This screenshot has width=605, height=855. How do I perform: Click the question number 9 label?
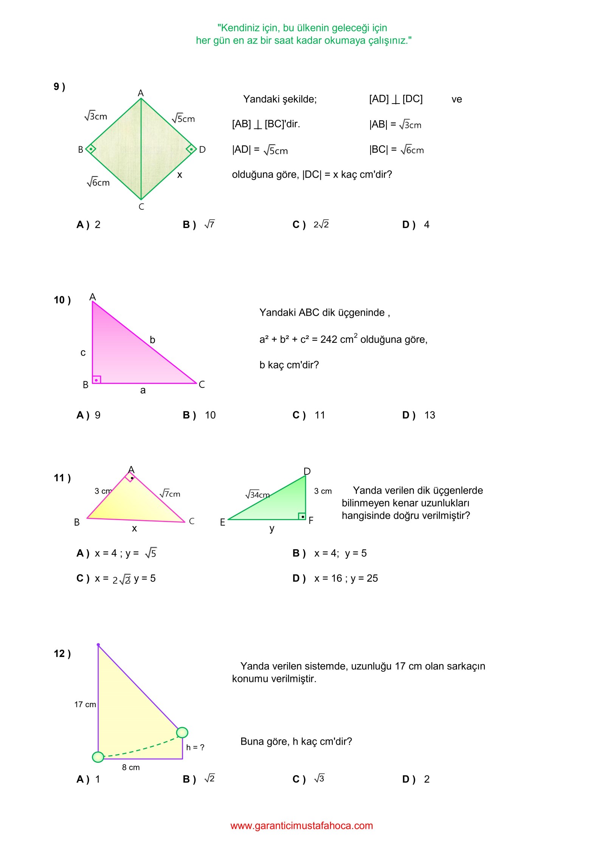click(x=59, y=87)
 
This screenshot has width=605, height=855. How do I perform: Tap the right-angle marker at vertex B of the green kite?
click(x=91, y=149)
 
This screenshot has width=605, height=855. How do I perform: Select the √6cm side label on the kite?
click(x=98, y=182)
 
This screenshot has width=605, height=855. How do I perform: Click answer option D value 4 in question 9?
click(x=427, y=225)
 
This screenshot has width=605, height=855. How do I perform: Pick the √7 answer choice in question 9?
click(x=209, y=224)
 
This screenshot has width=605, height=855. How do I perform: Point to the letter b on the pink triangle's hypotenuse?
click(x=152, y=340)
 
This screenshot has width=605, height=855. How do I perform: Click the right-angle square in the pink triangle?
click(x=97, y=379)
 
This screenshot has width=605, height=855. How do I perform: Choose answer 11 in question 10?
click(x=320, y=415)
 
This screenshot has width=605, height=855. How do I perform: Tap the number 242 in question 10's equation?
click(x=329, y=339)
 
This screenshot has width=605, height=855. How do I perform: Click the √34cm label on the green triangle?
click(x=258, y=494)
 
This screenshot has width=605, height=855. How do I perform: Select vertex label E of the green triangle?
click(x=223, y=522)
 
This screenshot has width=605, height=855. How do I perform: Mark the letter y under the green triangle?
click(x=272, y=528)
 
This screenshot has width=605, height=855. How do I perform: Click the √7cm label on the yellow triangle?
click(x=170, y=493)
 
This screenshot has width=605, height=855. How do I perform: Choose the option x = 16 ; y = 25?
click(x=346, y=578)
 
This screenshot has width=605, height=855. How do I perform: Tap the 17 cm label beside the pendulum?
click(x=85, y=704)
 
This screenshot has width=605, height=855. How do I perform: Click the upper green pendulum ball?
click(x=182, y=732)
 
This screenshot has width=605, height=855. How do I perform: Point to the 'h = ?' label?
click(x=195, y=747)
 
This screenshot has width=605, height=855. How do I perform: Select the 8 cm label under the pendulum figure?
click(x=131, y=767)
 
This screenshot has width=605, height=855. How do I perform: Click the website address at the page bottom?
click(x=302, y=826)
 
